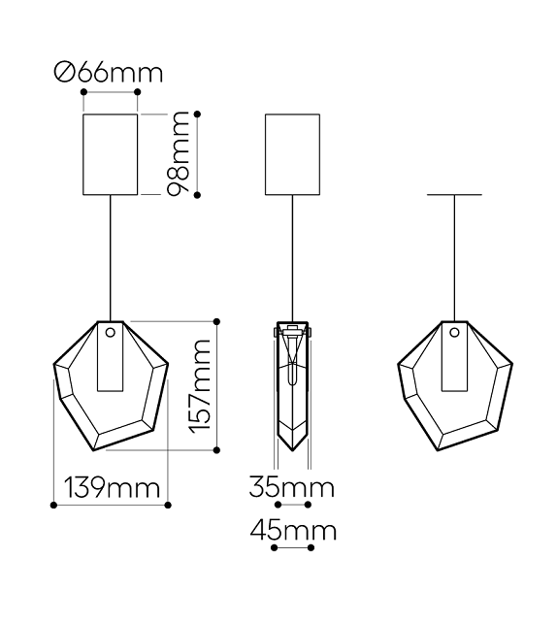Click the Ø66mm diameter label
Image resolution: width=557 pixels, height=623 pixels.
109,73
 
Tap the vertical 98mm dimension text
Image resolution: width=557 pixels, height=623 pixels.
179,153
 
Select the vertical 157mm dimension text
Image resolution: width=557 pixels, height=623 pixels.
200,385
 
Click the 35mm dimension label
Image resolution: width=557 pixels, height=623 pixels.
291,487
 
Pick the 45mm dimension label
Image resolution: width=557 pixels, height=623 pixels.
293,531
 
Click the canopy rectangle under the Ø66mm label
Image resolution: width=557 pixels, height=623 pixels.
110,153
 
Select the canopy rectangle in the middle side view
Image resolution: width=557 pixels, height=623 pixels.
292,153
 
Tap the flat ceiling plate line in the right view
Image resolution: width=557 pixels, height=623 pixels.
454,195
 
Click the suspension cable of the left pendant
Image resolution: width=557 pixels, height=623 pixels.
110,257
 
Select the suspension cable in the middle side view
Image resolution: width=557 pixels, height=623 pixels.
292,257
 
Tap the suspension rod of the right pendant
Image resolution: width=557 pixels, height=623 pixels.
454,257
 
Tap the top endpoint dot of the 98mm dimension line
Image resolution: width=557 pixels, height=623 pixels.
198,112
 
